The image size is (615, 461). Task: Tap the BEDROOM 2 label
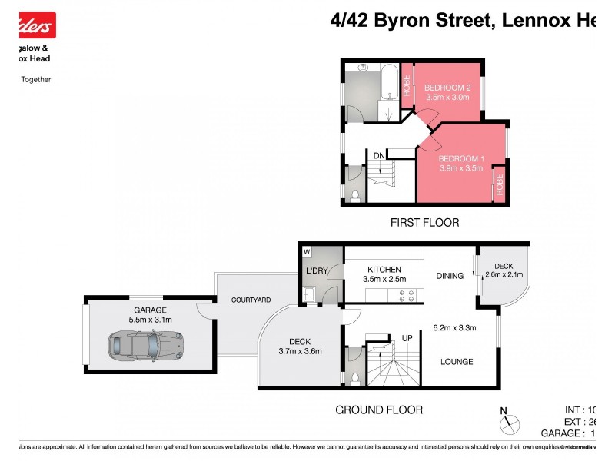pos(446,87)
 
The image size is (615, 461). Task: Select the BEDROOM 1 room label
pos(460,158)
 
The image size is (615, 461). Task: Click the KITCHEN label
pos(384,269)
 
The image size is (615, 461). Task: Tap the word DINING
pos(450,276)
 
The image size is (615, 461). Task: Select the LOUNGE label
pos(457,361)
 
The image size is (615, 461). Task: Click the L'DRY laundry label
pos(317,272)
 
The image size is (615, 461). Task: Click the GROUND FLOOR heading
pos(379,410)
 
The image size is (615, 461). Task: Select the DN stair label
pos(379,156)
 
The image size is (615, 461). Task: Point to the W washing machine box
pos(307,251)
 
